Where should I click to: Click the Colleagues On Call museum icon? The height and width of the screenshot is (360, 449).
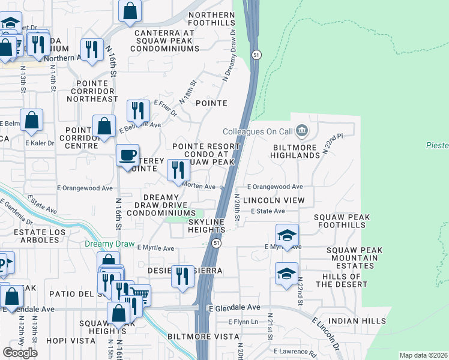[x=302, y=130]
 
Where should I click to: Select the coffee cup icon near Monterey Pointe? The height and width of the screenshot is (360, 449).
[x=127, y=155]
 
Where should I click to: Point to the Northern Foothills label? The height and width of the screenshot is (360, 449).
[x=211, y=19]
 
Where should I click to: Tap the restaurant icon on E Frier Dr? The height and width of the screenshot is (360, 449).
[x=138, y=110]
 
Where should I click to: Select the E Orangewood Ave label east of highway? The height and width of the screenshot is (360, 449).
[x=274, y=187]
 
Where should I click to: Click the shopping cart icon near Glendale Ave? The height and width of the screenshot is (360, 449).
[x=140, y=295]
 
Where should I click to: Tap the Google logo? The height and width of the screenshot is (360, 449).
[x=20, y=353]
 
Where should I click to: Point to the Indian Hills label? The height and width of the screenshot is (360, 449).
[x=358, y=321]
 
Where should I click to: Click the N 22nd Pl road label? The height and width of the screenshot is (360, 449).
[x=331, y=144]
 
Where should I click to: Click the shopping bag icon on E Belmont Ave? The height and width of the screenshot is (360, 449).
[x=104, y=127]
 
